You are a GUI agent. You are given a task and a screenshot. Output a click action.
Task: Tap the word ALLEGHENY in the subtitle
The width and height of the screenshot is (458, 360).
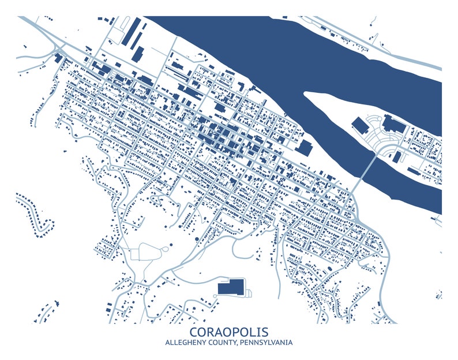point(185,343)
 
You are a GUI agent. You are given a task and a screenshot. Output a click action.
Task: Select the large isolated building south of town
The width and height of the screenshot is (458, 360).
point(230,287)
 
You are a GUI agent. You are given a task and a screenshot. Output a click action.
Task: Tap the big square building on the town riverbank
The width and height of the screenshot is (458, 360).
point(304,148)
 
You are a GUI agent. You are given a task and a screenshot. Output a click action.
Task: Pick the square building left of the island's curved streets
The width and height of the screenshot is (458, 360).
point(359,125)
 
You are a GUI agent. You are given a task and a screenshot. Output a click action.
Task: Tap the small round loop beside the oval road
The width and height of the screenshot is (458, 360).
point(171,248)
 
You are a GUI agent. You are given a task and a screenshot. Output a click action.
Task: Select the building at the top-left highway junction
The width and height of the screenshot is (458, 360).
point(58,58)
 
